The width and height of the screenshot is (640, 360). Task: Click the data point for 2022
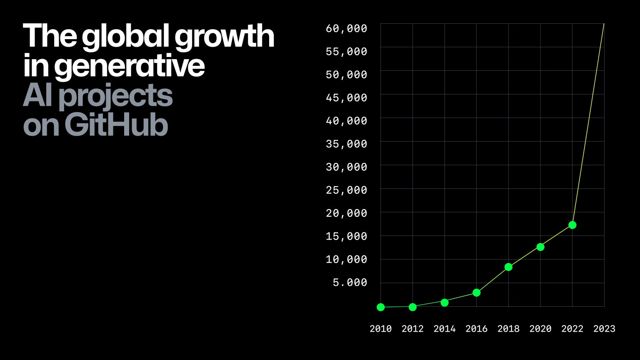pyautogui.click(x=572, y=225)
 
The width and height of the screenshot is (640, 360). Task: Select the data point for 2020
pyautogui.click(x=540, y=247)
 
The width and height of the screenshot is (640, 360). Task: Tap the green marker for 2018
pyautogui.click(x=508, y=267)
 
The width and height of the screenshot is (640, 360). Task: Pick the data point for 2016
pyautogui.click(x=476, y=293)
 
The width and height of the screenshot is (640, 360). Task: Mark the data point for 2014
pyautogui.click(x=445, y=302)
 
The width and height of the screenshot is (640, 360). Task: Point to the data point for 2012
pyautogui.click(x=412, y=307)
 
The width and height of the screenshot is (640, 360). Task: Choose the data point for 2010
pyautogui.click(x=380, y=307)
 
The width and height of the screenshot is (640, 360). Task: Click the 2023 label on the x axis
pyautogui.click(x=604, y=329)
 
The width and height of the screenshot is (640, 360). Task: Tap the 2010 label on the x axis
pyautogui.click(x=380, y=329)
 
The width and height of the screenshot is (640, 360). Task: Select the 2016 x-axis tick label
pyautogui.click(x=476, y=329)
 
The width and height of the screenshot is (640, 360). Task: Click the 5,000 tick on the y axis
pyautogui.click(x=350, y=282)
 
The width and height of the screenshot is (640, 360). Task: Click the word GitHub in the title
pyautogui.click(x=116, y=125)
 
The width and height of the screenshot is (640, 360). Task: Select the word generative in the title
pyautogui.click(x=129, y=66)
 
